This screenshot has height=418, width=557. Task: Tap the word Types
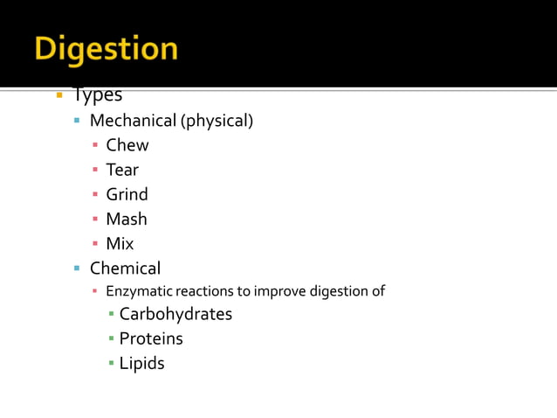(x=97, y=95)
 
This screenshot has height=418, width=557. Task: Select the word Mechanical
(x=133, y=121)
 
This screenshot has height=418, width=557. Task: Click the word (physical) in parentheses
(x=217, y=121)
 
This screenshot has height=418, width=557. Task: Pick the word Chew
(x=127, y=145)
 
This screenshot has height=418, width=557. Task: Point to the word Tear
(x=122, y=170)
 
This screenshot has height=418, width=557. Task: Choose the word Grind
(x=127, y=194)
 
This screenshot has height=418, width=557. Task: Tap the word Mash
(x=127, y=219)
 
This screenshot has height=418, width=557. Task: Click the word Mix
(x=120, y=243)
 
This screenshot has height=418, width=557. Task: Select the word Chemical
(x=125, y=268)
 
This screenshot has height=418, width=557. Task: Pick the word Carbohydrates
(x=175, y=314)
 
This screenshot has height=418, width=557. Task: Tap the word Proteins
(x=151, y=338)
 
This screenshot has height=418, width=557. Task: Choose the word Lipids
(x=141, y=363)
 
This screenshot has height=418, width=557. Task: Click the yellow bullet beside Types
(x=58, y=94)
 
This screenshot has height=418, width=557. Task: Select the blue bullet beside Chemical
(x=77, y=268)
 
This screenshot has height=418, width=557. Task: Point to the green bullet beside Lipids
(x=111, y=363)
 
